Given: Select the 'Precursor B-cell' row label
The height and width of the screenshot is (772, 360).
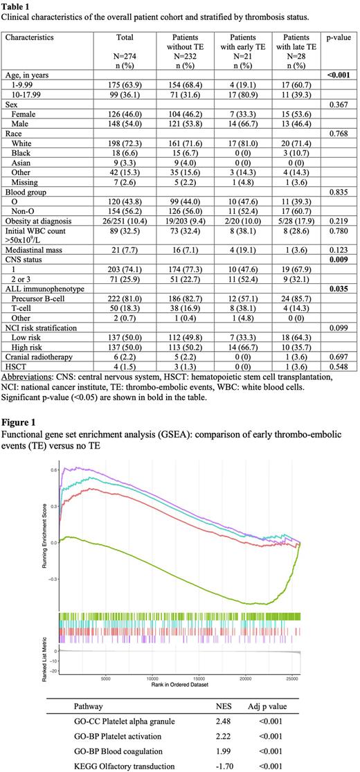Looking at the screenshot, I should [42, 294].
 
